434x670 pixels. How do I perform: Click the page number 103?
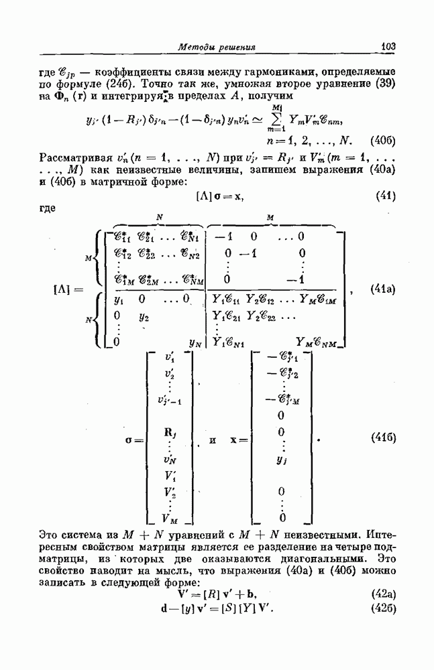tap(388, 46)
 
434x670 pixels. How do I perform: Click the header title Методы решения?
tap(217, 47)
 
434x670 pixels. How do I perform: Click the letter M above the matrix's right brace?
tap(270, 217)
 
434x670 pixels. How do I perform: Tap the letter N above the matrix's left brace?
tap(159, 217)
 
